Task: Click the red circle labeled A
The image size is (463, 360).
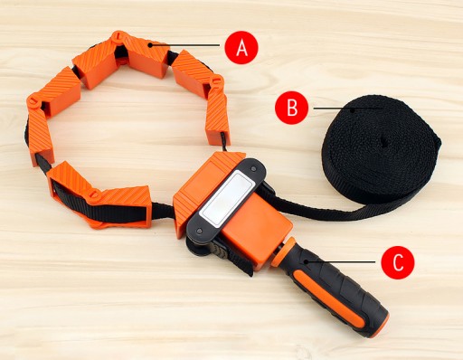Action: click(x=241, y=47)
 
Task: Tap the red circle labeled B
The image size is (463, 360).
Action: click(x=291, y=108)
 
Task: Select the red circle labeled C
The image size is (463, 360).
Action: click(x=398, y=262)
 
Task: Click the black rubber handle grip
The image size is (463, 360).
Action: click(x=335, y=289)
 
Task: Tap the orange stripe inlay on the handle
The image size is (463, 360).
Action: click(x=327, y=298)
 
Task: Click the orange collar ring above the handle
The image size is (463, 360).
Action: click(x=284, y=251)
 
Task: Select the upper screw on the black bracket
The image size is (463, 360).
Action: click(x=253, y=168)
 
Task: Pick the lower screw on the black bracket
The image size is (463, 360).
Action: click(x=199, y=231)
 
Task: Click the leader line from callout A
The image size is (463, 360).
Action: click(x=185, y=45)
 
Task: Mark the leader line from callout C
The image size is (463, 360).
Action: click(x=341, y=262)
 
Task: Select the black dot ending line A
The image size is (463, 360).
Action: click(x=150, y=45)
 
